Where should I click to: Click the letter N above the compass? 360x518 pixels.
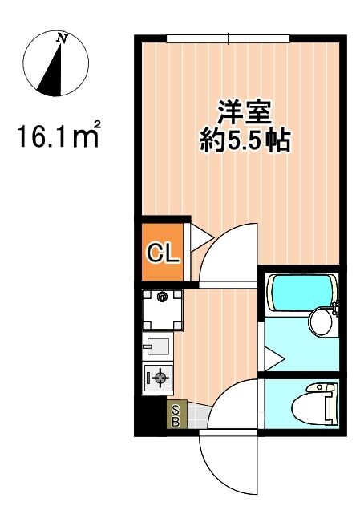click(x=61, y=37)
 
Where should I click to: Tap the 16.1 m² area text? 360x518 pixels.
click(x=55, y=137)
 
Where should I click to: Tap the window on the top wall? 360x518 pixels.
click(x=229, y=37)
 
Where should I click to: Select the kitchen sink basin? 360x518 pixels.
click(x=157, y=345)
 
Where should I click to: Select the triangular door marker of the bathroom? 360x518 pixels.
click(x=273, y=354)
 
